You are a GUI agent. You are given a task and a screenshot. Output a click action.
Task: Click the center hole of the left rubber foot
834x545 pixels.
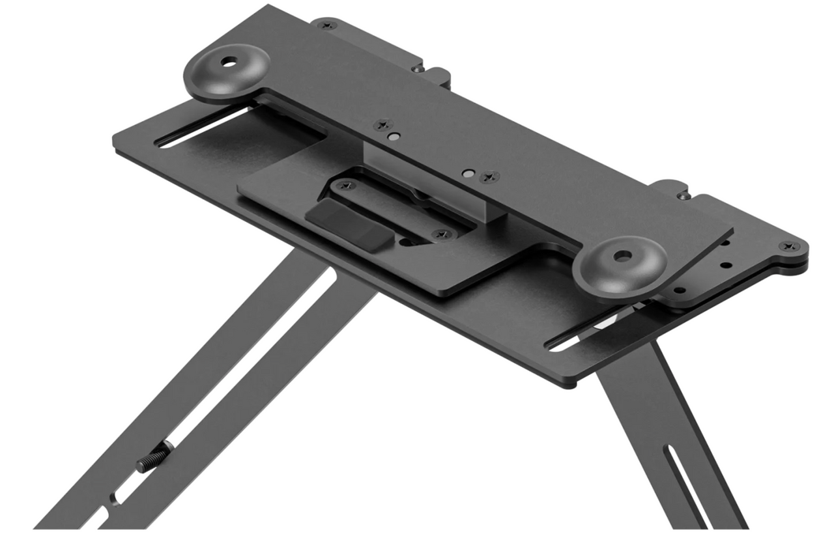pyautogui.click(x=228, y=63)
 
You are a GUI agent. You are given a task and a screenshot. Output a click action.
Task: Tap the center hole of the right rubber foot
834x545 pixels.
pyautogui.click(x=620, y=256)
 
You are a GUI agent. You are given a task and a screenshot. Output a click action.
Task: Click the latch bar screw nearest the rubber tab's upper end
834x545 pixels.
pyautogui.click(x=346, y=186)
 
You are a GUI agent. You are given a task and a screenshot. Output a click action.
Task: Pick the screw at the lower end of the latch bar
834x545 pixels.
pyautogui.click(x=443, y=233)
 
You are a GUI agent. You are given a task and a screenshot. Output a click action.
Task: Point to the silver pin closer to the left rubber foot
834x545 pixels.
pyautogui.click(x=393, y=137)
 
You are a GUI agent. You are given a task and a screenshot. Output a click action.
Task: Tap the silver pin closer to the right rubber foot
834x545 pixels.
pyautogui.click(x=467, y=174)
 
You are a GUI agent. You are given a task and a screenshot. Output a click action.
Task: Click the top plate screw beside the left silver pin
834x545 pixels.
pyautogui.click(x=383, y=124)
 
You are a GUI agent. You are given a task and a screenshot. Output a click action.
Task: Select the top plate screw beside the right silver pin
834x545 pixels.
pyautogui.click(x=489, y=176)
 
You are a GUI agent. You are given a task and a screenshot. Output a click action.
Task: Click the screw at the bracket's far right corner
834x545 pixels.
pyautogui.click(x=790, y=246)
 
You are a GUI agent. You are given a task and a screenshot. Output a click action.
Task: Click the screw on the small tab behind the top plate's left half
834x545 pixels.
pyautogui.click(x=418, y=68)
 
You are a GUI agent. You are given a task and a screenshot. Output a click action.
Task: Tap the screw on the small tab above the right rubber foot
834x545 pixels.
pyautogui.click(x=682, y=195)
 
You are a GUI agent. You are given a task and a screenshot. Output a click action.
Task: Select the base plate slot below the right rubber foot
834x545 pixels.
pyautogui.click(x=586, y=332)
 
